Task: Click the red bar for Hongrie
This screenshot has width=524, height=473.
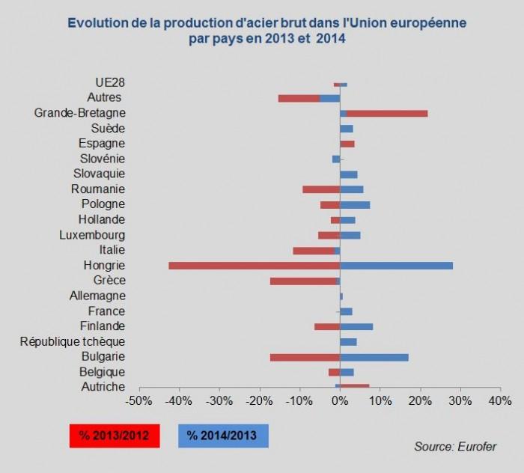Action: [x=255, y=266]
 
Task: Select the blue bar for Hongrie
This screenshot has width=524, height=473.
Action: [x=396, y=266]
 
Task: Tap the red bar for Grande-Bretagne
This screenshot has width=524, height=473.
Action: [x=387, y=113]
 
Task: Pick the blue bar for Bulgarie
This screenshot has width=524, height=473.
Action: [x=374, y=357]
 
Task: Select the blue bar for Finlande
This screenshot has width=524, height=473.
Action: [x=356, y=326]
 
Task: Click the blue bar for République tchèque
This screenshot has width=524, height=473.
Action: [x=348, y=342]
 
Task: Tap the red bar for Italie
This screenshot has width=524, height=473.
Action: [x=313, y=250]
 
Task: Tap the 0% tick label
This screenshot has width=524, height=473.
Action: [x=340, y=402]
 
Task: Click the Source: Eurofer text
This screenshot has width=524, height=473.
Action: [x=454, y=447]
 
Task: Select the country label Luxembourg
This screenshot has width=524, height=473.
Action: [x=92, y=235]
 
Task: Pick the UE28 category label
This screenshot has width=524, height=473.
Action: [x=110, y=82]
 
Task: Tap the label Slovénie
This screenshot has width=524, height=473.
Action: [x=103, y=159]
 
